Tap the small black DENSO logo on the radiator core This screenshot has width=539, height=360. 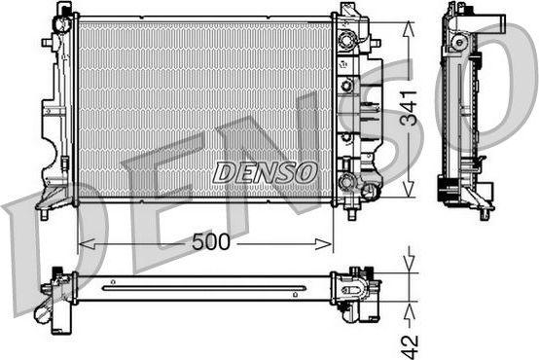(x=266, y=172)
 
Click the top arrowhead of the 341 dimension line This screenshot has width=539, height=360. (x=410, y=22)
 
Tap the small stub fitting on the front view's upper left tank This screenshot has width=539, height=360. (x=46, y=44)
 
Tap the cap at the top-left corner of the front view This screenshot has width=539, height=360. (x=64, y=13)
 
